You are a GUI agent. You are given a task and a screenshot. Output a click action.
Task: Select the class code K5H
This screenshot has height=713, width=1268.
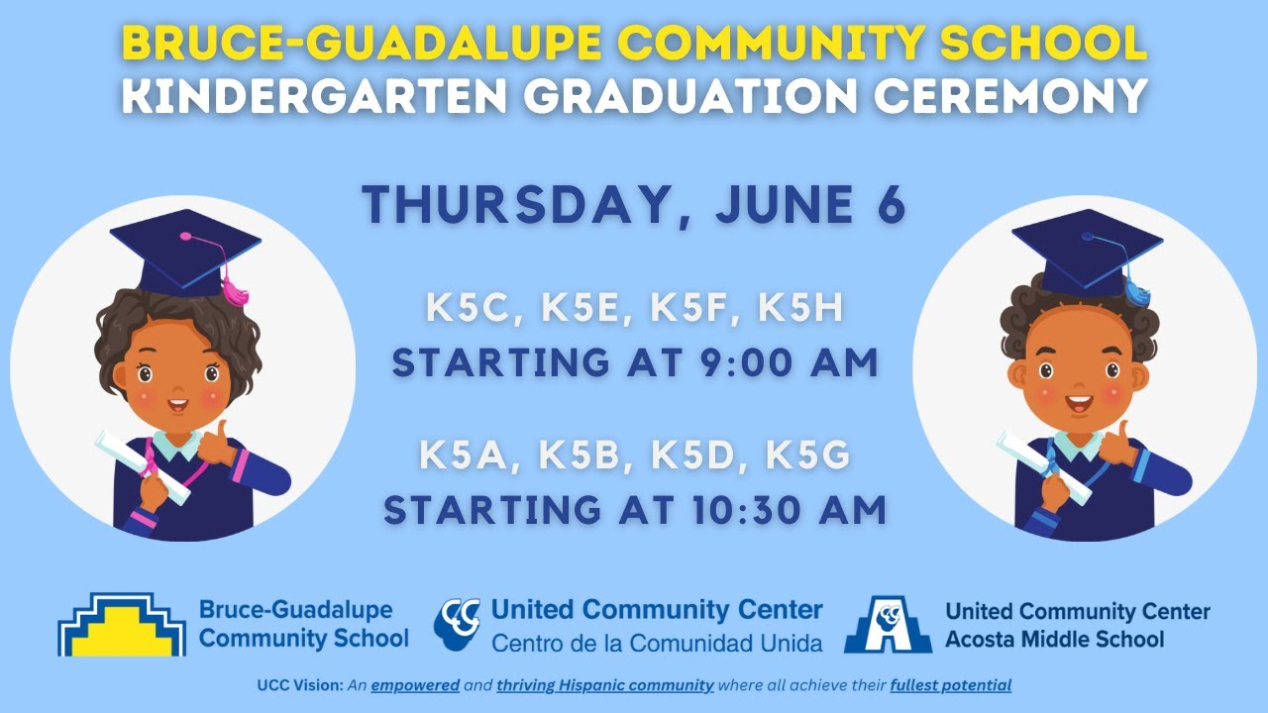800,309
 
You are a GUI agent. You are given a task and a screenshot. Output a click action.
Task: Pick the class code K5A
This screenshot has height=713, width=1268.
470,457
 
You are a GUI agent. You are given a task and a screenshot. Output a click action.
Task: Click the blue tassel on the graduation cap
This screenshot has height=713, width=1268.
1137,290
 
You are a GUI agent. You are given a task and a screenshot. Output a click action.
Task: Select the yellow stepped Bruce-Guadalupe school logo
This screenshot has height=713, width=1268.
121,625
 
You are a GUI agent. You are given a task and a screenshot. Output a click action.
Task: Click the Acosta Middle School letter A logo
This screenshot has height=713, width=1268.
888,625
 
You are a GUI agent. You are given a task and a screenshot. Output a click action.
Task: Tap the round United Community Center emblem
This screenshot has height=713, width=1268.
457,623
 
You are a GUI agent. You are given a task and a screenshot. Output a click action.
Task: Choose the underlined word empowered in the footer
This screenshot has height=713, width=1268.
415,685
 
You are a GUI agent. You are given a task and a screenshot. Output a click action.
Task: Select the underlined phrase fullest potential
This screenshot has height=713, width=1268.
951,685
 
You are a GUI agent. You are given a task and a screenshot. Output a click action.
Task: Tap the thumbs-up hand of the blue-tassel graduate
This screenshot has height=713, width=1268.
1116,444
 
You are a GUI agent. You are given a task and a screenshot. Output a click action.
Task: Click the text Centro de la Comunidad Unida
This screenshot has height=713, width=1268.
657,643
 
